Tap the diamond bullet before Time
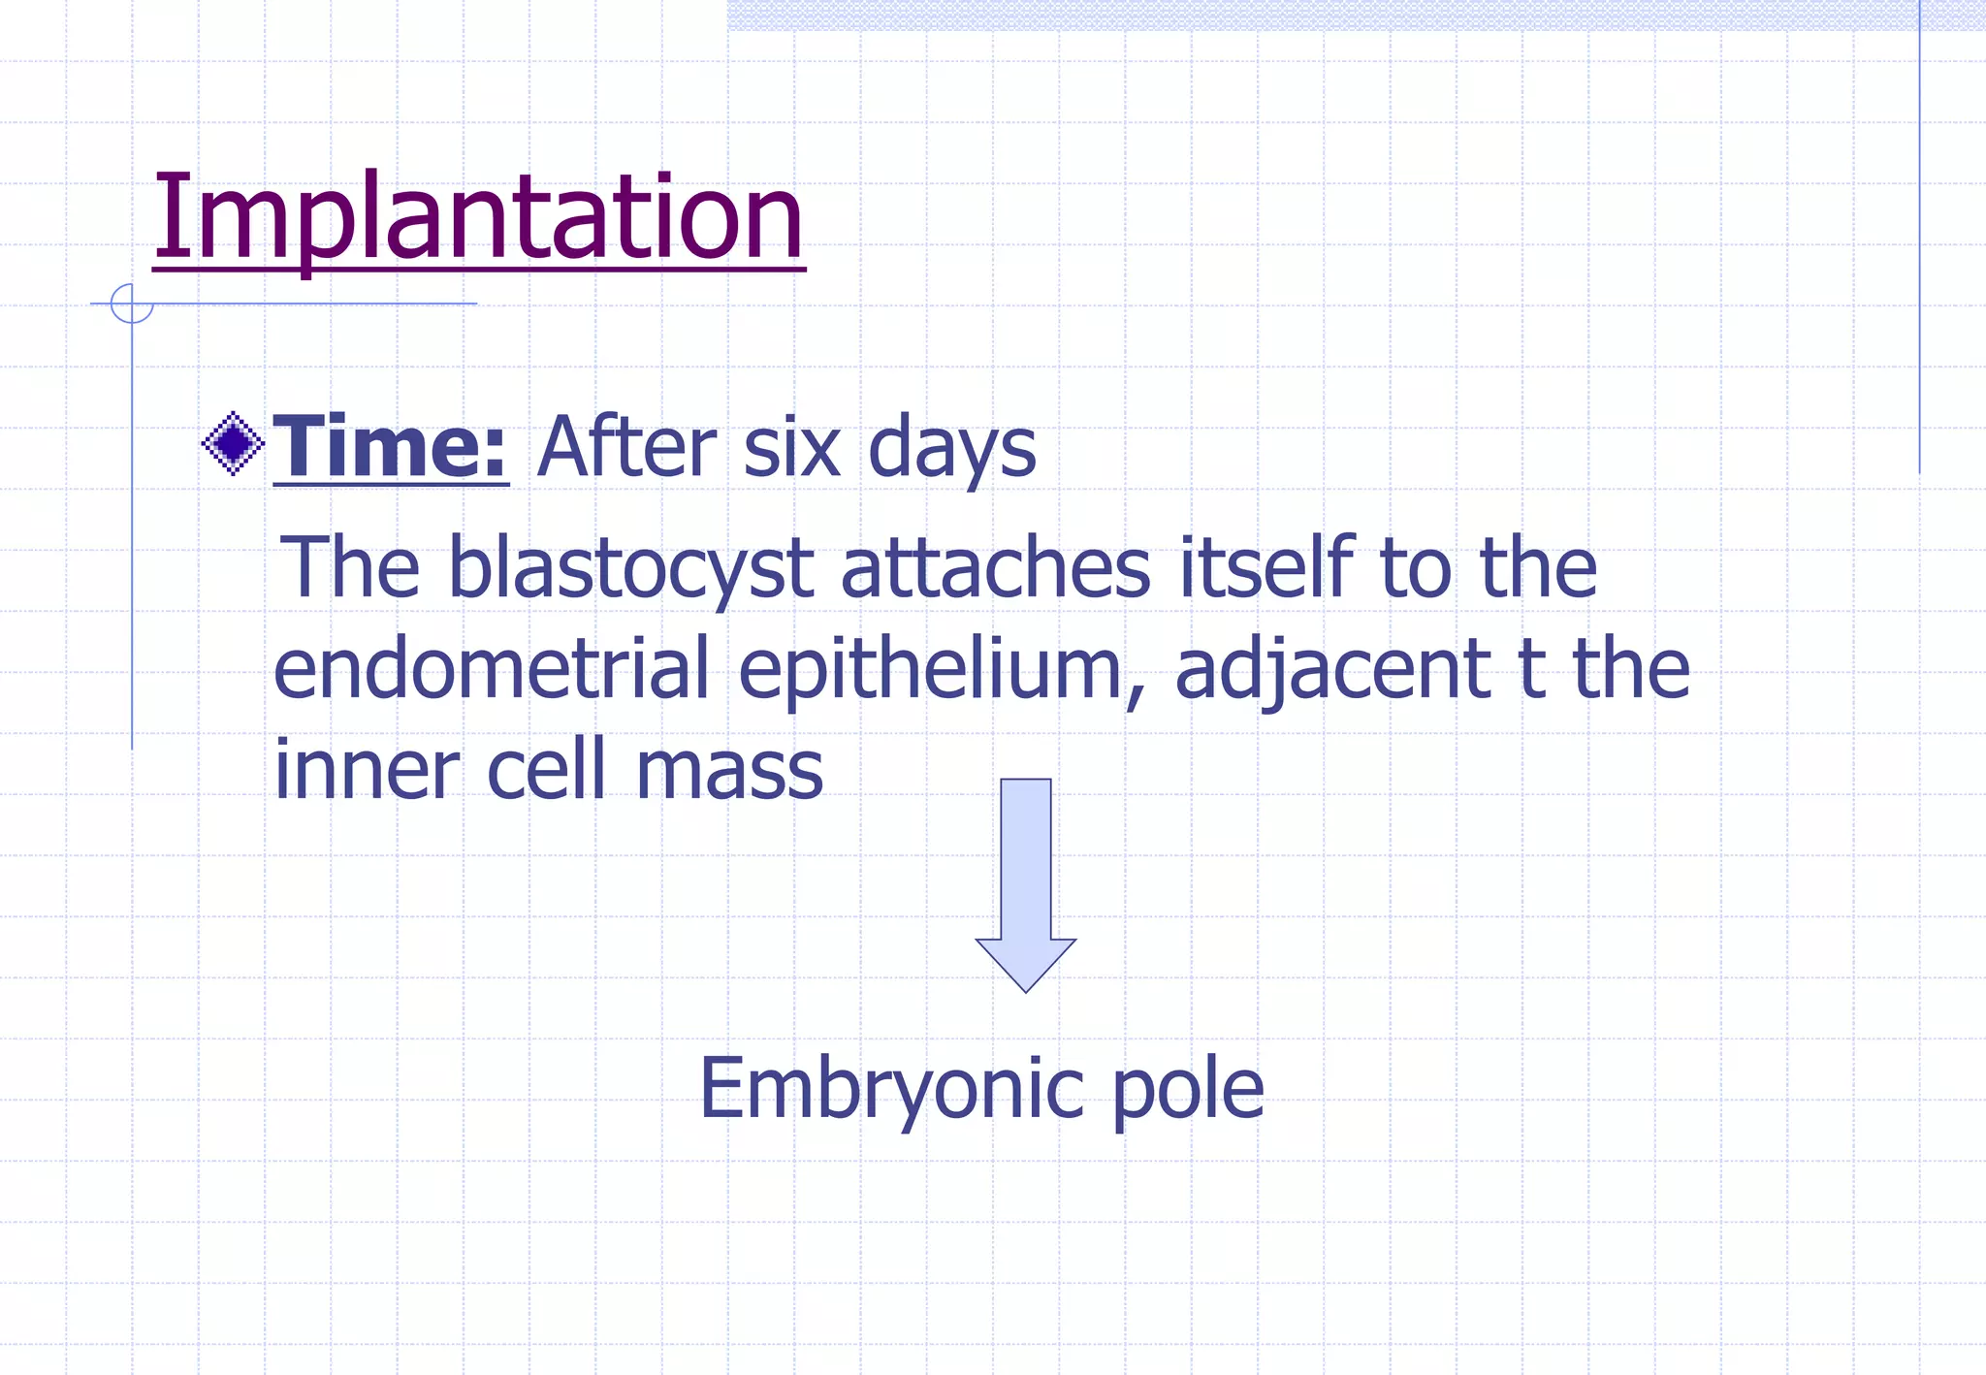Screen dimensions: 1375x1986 pos(233,444)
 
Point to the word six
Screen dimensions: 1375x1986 pos(791,448)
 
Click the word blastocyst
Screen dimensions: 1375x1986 pos(630,569)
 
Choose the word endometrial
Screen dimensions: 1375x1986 pos(492,668)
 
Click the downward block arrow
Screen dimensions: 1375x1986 pos(1025,881)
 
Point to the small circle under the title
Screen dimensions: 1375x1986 pos(132,304)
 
